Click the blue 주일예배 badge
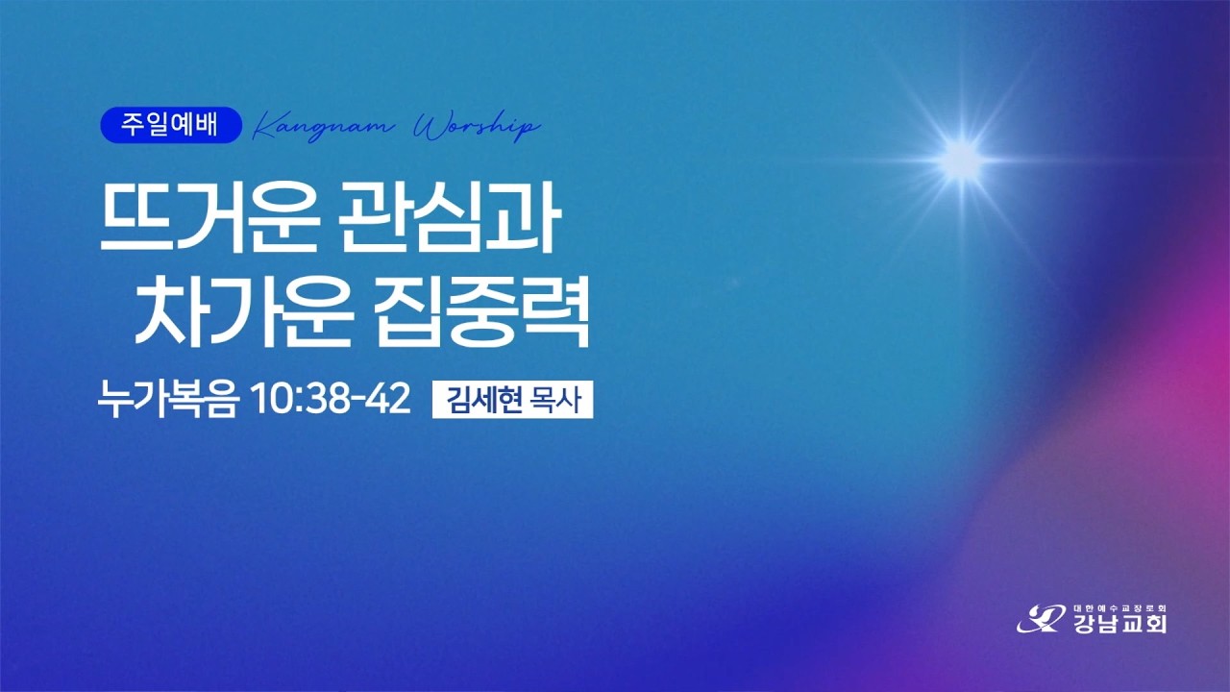(x=171, y=125)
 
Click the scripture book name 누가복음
(x=168, y=399)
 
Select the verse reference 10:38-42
(x=331, y=399)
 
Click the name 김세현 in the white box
(x=483, y=400)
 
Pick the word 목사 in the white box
(x=555, y=400)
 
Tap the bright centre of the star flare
(x=962, y=161)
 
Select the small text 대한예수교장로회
(x=1119, y=608)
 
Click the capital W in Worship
(x=429, y=126)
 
